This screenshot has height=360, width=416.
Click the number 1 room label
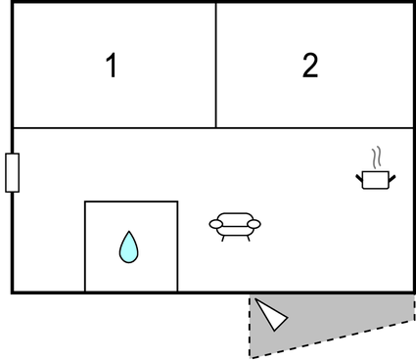(112, 66)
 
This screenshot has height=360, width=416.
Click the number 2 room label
(310, 66)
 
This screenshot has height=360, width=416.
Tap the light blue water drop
(129, 247)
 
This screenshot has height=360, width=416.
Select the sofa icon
(235, 227)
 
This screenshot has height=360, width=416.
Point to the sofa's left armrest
(216, 224)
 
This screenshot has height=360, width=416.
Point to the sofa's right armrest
(254, 224)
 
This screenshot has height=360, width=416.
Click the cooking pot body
(376, 180)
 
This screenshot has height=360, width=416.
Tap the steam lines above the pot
(377, 157)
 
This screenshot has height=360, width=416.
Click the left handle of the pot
(359, 178)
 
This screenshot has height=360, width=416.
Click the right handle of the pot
(393, 178)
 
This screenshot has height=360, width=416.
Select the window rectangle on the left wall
(13, 172)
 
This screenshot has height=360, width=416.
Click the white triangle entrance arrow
(272, 315)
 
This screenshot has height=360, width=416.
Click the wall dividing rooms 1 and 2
(216, 66)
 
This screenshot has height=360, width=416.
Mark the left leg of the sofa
(223, 239)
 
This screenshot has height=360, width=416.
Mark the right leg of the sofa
(249, 239)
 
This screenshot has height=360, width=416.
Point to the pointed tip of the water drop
(129, 231)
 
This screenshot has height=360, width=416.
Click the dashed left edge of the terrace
(250, 326)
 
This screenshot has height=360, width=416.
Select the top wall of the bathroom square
(131, 202)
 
